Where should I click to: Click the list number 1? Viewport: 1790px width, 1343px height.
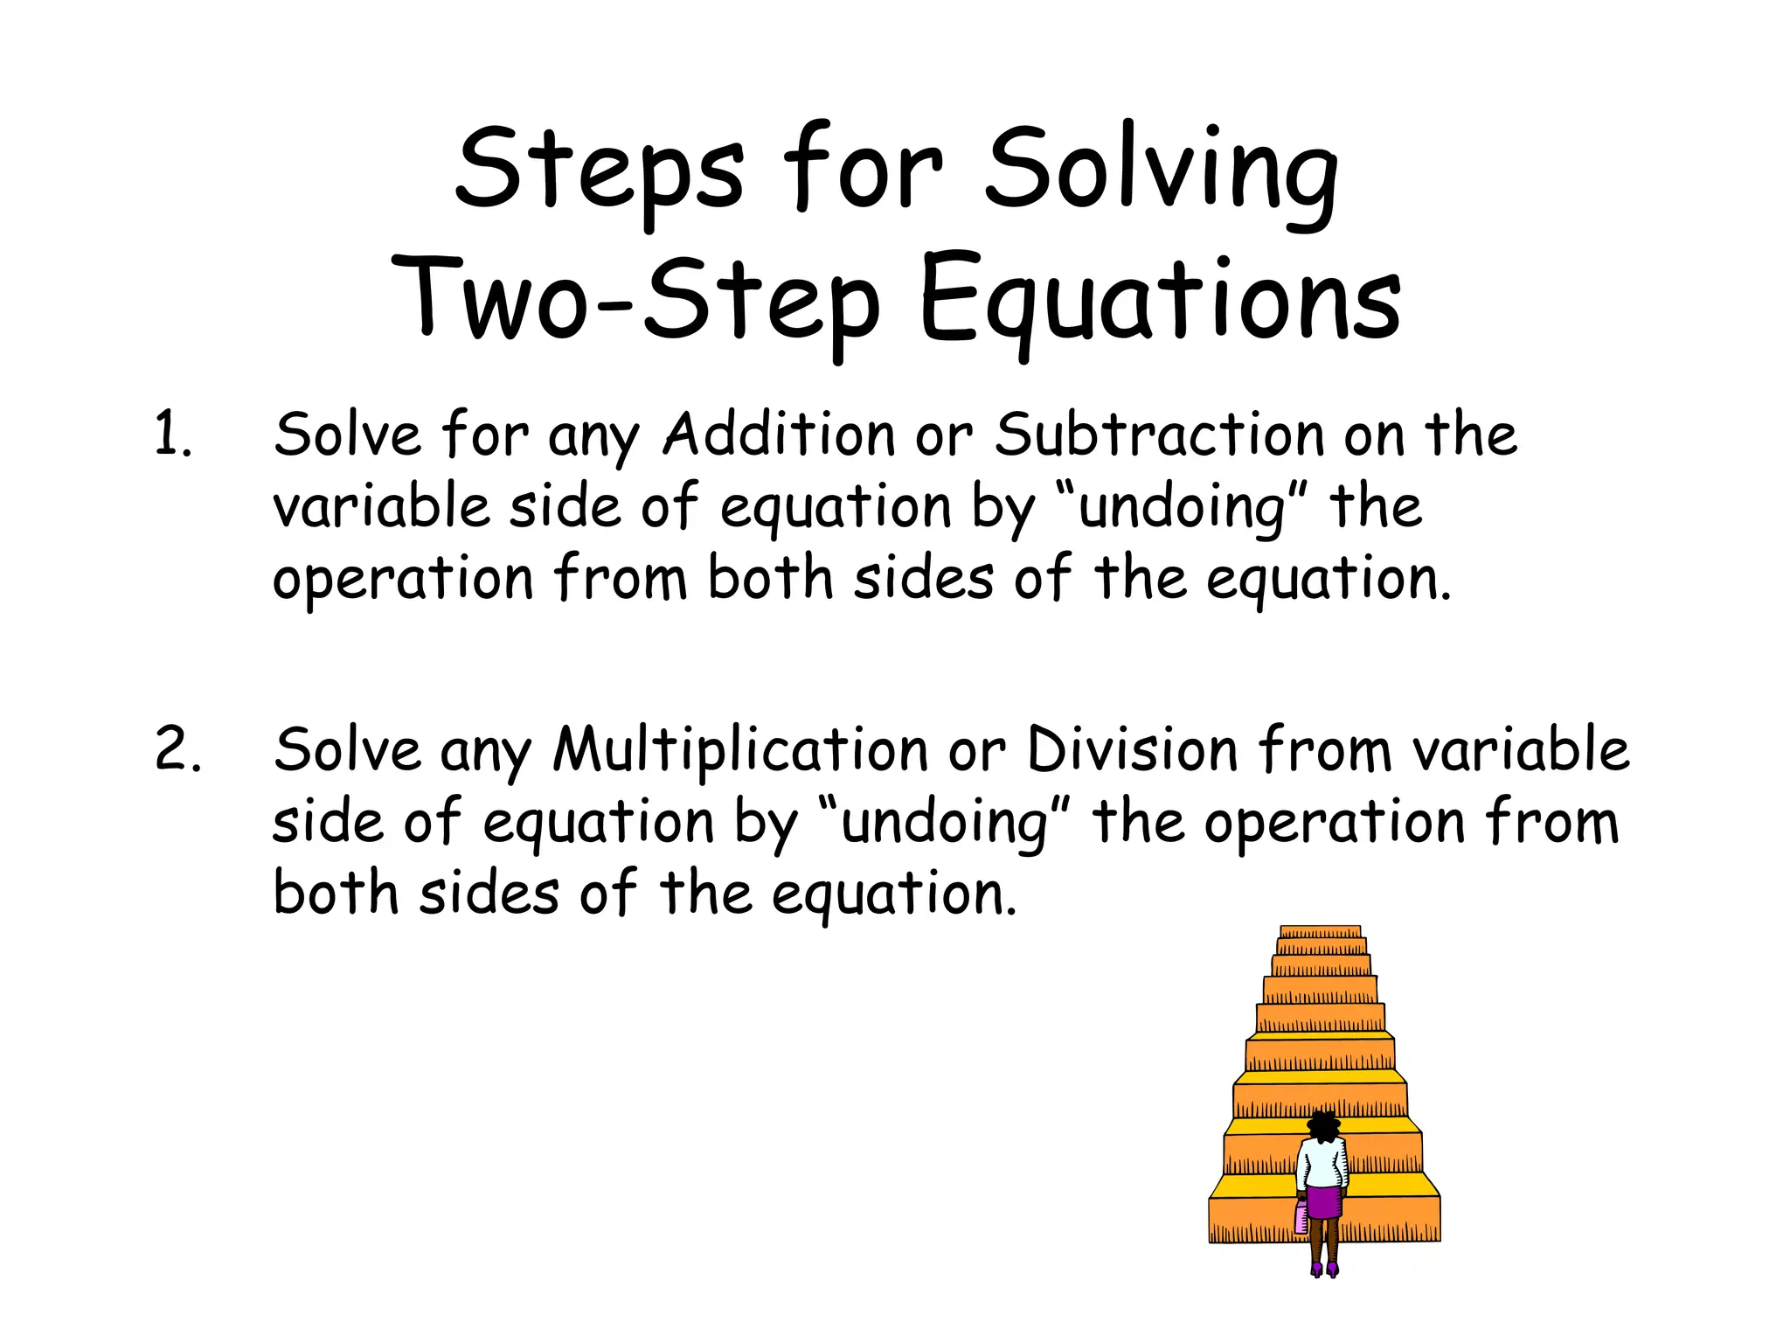pos(171,435)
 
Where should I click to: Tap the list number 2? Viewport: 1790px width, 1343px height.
pos(177,749)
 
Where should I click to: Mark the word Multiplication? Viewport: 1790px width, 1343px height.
pos(740,749)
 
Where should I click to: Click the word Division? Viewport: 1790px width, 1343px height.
pos(1132,749)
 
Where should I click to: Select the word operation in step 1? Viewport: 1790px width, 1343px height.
pos(403,580)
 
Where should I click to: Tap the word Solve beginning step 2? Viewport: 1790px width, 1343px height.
pos(347,749)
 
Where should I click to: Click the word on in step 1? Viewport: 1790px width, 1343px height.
pos(1374,435)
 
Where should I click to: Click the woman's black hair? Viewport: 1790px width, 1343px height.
pos(1324,1125)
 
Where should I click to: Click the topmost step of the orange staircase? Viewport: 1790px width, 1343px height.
pos(1321,931)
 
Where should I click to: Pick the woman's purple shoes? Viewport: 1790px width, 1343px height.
pos(1324,1267)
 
